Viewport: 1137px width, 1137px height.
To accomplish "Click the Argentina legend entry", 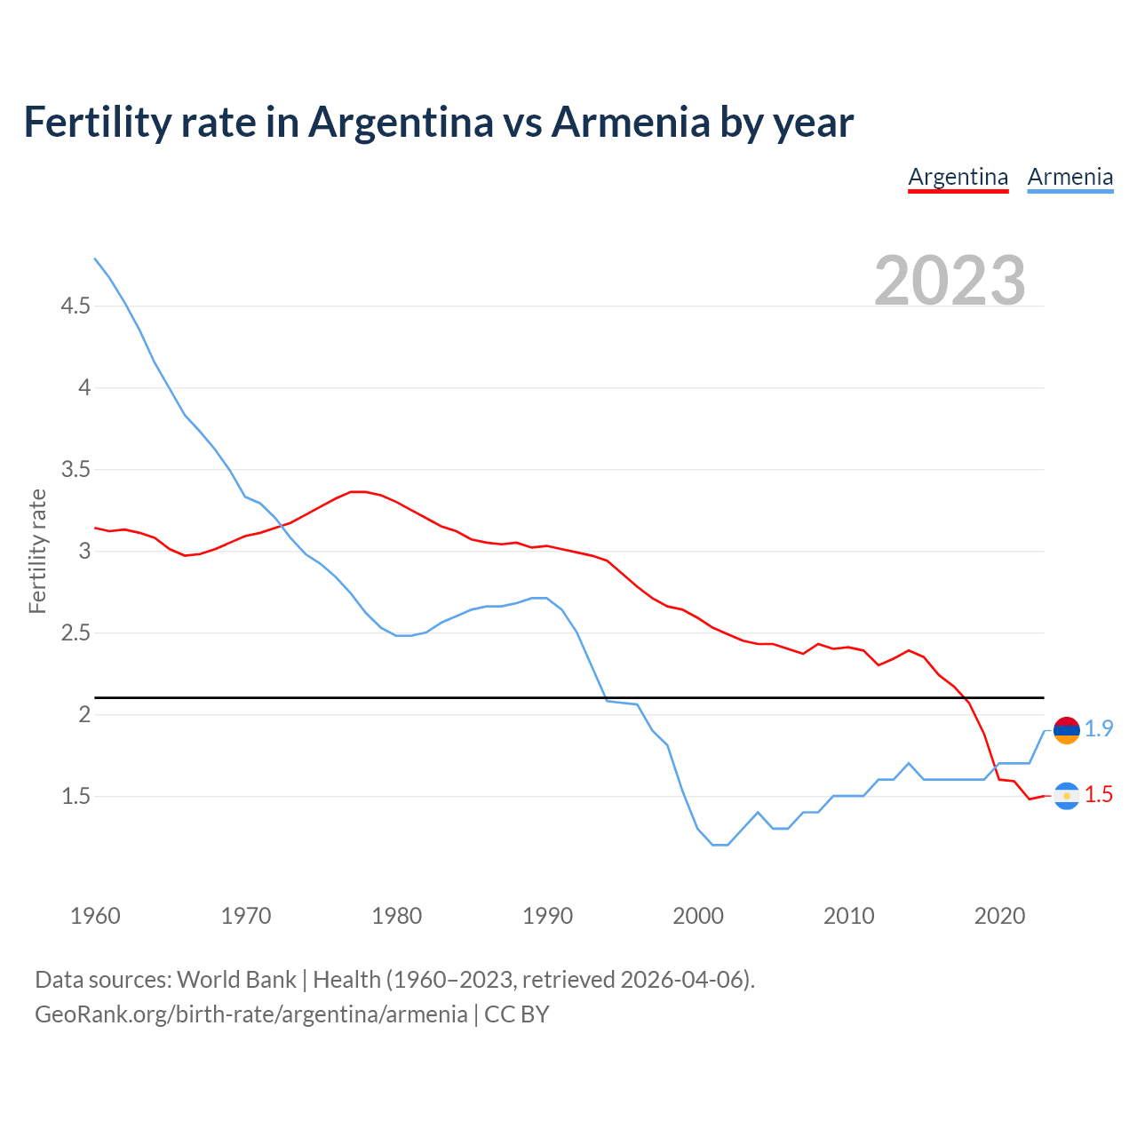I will tap(958, 177).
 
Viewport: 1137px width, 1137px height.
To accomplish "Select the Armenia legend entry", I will tap(1069, 177).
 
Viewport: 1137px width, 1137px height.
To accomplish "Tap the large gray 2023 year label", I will tap(950, 280).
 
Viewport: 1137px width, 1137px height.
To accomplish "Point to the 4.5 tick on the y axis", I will tap(76, 306).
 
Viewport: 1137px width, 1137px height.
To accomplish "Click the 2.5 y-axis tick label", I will tap(76, 633).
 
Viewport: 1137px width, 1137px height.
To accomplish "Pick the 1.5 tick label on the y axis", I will tap(76, 797).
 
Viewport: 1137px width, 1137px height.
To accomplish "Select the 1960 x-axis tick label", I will tap(95, 916).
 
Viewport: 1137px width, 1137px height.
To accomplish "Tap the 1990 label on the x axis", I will tap(547, 916).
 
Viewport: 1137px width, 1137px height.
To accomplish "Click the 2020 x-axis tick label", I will tap(999, 916).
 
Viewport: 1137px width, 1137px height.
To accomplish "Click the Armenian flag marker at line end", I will tap(1066, 730).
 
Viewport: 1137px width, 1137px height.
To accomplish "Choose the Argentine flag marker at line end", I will tap(1066, 796).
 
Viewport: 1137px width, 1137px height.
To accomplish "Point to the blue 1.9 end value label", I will tap(1099, 728).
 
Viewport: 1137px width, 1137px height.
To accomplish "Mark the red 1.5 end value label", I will tap(1099, 795).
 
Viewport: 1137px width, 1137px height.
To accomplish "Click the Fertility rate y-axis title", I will tap(37, 551).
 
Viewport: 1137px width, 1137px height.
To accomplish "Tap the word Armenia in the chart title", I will tap(631, 123).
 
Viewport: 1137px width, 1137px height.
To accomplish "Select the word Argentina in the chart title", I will tap(401, 123).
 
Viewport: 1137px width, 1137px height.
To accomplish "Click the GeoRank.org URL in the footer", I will tap(250, 1014).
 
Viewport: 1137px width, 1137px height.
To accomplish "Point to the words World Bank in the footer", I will tap(236, 980).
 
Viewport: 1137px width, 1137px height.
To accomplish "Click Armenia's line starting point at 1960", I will tap(95, 258).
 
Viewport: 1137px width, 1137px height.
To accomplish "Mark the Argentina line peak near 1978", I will tap(358, 491).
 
